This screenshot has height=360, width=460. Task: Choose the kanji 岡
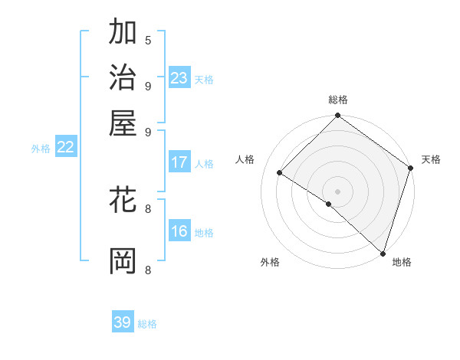tap(123, 260)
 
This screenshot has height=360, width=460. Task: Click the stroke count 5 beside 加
tap(148, 40)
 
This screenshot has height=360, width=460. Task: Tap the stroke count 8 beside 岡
tap(148, 269)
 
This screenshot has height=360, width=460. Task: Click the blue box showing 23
tap(179, 77)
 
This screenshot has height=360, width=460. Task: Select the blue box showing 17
tap(179, 162)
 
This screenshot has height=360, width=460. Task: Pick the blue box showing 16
tap(179, 231)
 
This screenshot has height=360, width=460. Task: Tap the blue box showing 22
tap(65, 148)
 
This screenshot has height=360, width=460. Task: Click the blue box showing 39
tap(123, 322)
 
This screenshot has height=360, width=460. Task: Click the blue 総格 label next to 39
tap(147, 324)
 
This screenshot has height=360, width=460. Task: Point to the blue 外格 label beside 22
tap(41, 149)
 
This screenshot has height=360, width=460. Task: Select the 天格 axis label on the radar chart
tap(431, 159)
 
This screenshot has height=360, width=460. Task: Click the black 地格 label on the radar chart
tap(402, 262)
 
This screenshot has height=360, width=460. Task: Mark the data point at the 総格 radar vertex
tap(337, 116)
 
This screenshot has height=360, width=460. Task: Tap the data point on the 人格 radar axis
tap(280, 173)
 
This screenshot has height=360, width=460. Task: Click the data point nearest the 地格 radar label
tap(383, 253)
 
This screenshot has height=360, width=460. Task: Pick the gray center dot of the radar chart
tap(337, 191)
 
